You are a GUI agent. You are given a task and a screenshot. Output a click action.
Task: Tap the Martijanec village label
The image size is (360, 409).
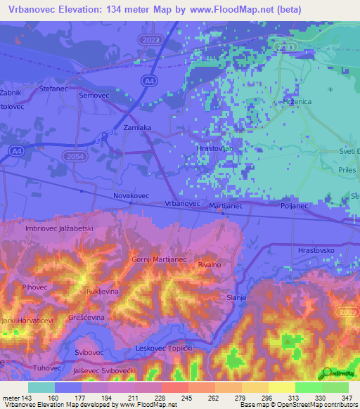(x=226, y=205)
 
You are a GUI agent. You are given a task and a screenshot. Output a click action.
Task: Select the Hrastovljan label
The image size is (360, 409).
(x=214, y=150)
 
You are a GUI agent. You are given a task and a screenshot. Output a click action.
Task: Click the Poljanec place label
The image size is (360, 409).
(x=294, y=206)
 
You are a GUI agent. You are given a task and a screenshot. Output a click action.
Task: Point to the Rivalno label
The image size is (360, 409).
(x=210, y=264)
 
